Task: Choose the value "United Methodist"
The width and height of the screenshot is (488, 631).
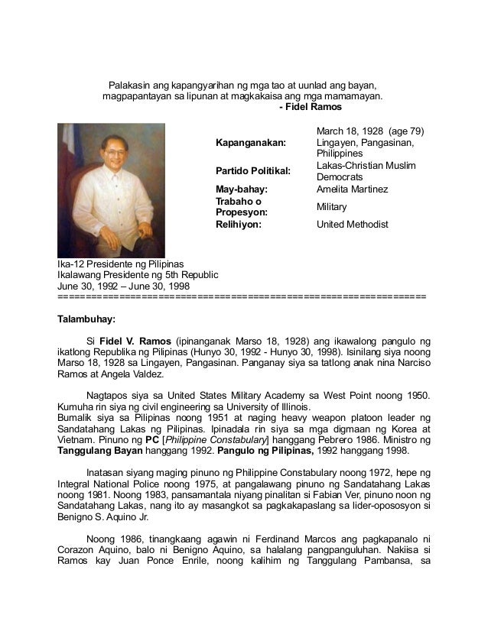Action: (x=353, y=225)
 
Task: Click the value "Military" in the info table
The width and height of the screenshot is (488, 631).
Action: (x=332, y=207)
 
